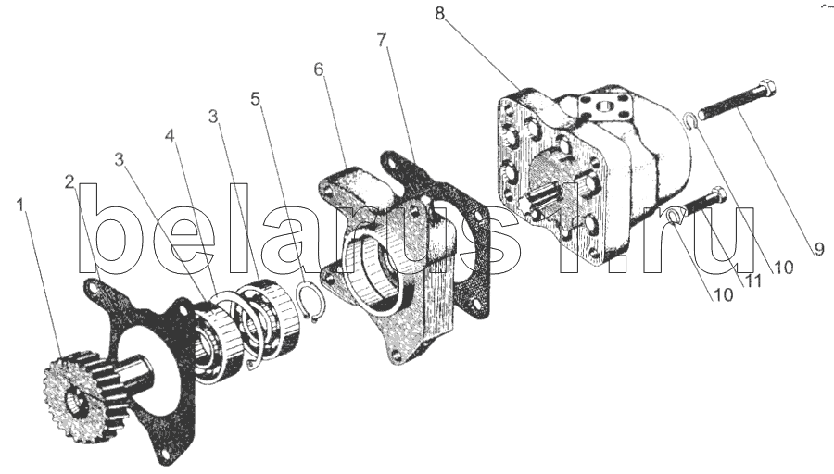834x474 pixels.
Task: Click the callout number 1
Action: coord(20,206)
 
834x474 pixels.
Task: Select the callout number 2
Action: coord(70,182)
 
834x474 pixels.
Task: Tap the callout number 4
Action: coord(170,136)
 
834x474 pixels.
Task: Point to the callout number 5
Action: coord(256,99)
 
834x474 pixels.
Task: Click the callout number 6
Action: coord(319,69)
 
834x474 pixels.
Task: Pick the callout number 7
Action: coord(382,41)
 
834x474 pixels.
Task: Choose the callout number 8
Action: coord(439,13)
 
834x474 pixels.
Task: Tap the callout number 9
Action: coord(818,249)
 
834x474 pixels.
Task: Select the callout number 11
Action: coord(752,280)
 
